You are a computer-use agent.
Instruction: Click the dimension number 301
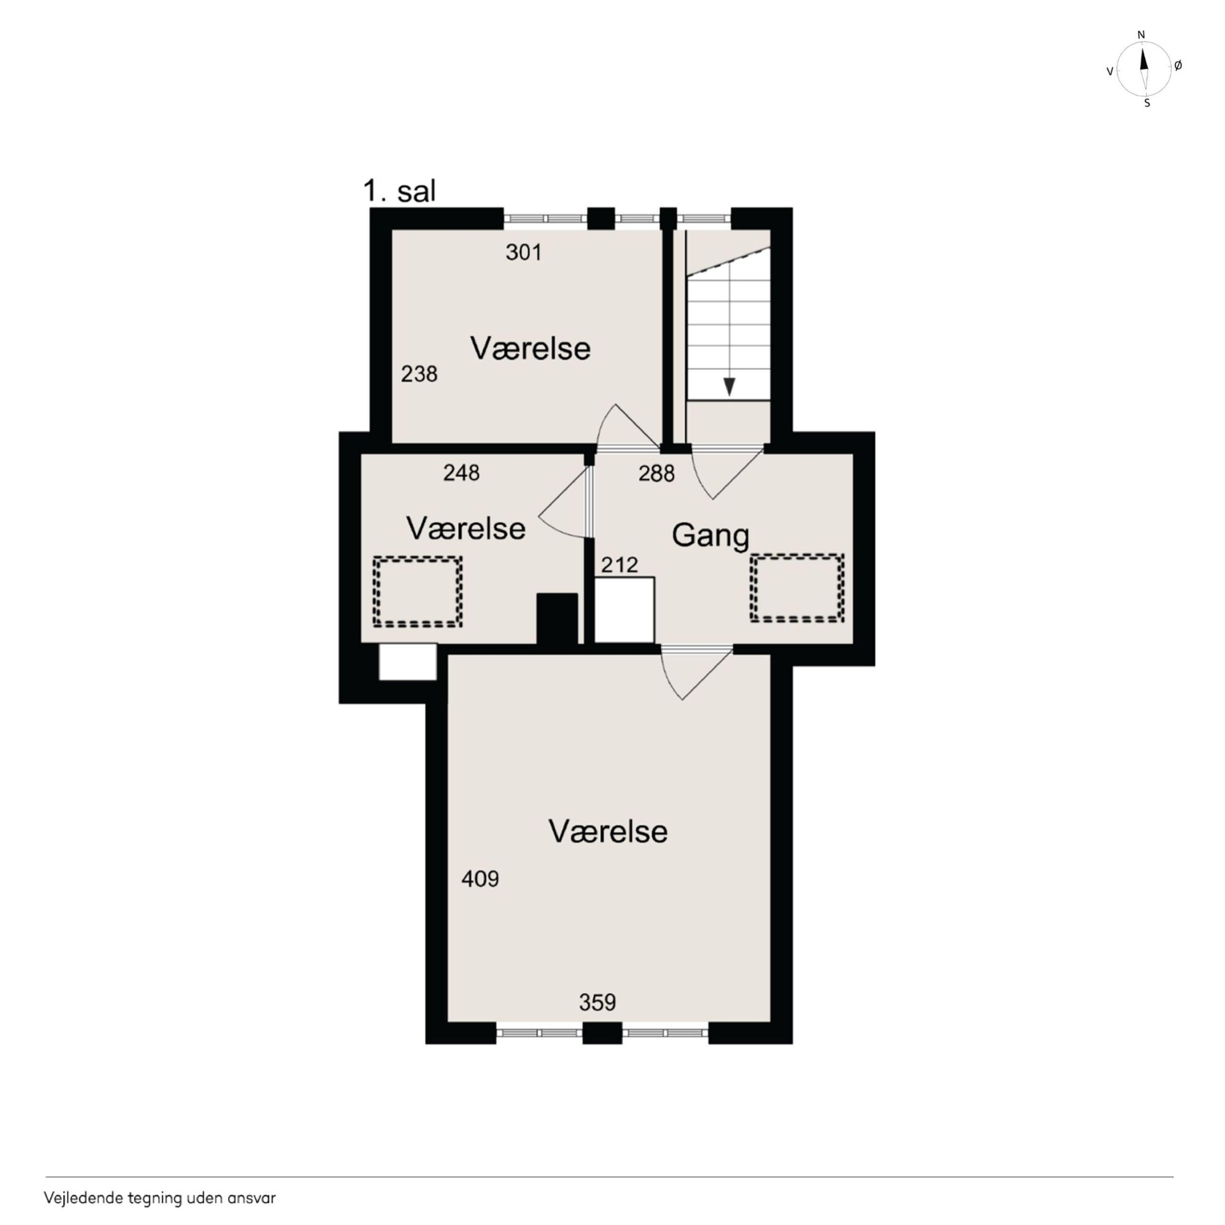(x=524, y=253)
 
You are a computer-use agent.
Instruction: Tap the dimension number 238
(x=419, y=374)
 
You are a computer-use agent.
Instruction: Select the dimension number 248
(x=462, y=473)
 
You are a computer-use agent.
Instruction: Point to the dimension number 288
(x=656, y=474)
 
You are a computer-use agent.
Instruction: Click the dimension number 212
(x=620, y=565)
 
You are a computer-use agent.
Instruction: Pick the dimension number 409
(x=480, y=879)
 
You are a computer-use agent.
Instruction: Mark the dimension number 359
(x=597, y=1003)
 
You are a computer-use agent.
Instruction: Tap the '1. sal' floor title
(x=400, y=191)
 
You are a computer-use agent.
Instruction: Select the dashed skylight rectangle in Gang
(x=797, y=588)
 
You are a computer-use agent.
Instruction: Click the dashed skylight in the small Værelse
(x=417, y=592)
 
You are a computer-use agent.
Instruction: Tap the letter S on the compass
(x=1147, y=103)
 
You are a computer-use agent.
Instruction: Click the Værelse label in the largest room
(x=608, y=831)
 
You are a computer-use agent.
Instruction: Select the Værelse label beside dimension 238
(x=530, y=349)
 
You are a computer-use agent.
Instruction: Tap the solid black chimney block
(x=557, y=618)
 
